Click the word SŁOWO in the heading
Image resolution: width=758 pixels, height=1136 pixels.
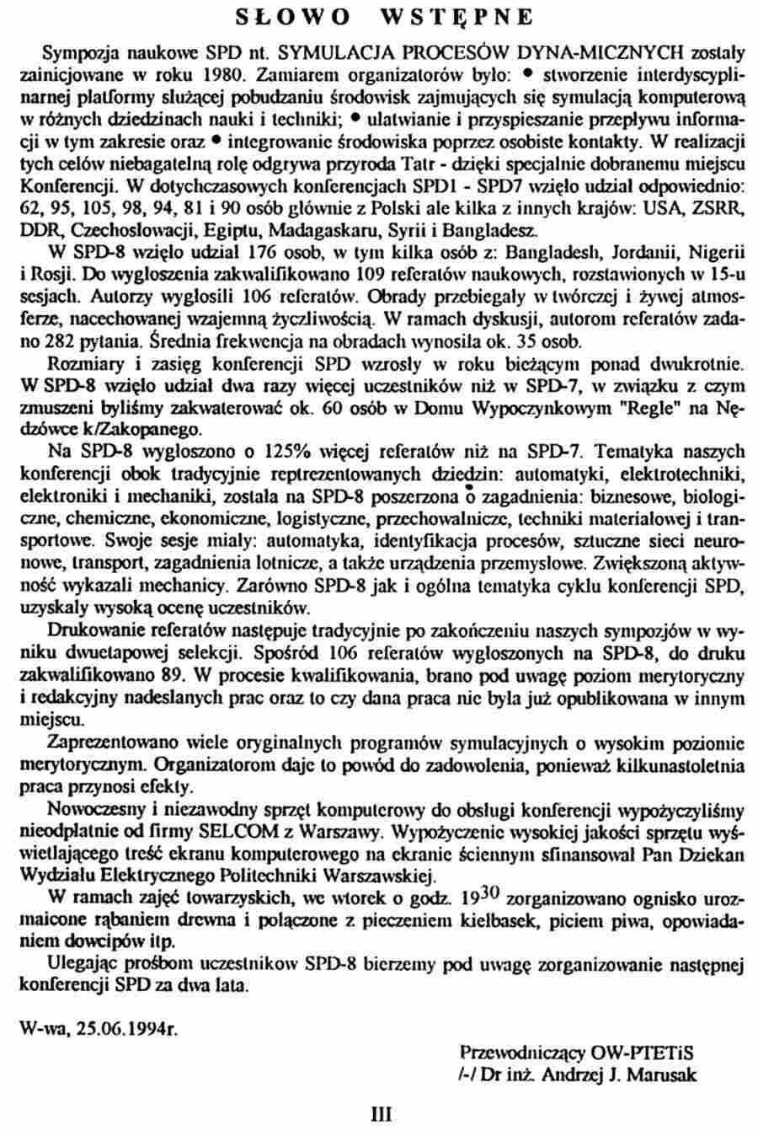286,17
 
